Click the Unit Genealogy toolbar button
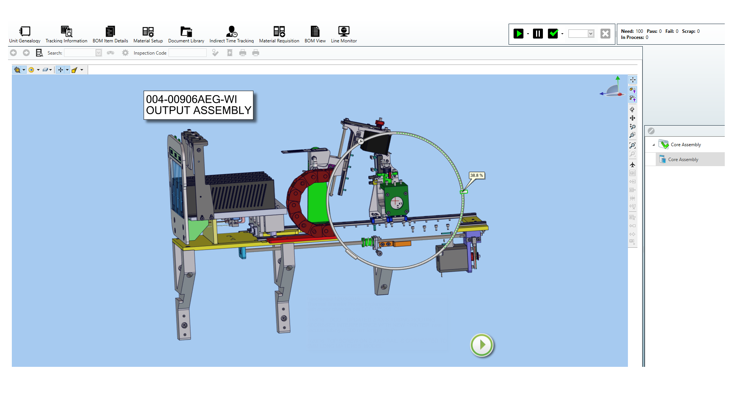click(25, 34)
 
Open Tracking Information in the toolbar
click(66, 34)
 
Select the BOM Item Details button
click(110, 34)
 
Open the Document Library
click(186, 34)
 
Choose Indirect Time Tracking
click(231, 34)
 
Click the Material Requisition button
click(279, 34)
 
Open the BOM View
click(315, 34)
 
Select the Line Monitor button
click(344, 34)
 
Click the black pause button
click(538, 34)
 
